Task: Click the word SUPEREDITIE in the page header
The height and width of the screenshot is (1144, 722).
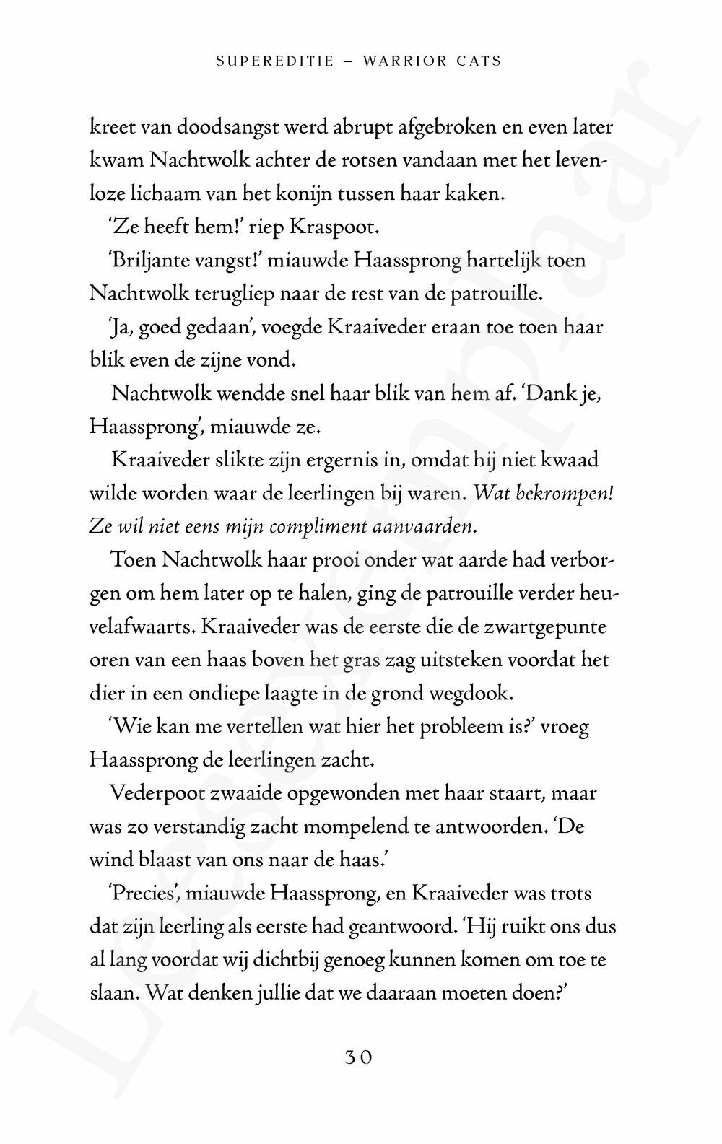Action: [275, 61]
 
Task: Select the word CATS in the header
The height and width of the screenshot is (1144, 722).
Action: [479, 61]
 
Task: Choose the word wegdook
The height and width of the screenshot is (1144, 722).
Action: [478, 694]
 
